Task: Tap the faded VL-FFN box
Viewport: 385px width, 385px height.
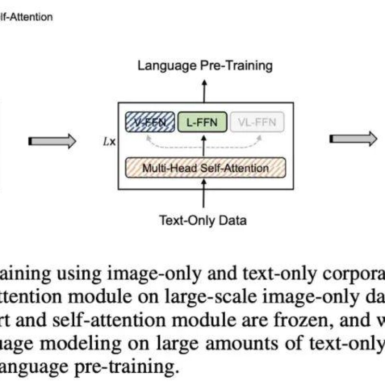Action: (257, 122)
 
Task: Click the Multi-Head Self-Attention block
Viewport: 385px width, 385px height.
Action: (205, 168)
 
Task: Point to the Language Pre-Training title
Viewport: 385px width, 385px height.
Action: (205, 65)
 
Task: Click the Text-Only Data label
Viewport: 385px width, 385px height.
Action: (203, 221)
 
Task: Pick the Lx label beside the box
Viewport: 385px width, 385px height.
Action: (111, 142)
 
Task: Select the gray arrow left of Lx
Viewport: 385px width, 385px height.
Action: (52, 141)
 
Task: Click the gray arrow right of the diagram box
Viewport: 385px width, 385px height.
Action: (353, 139)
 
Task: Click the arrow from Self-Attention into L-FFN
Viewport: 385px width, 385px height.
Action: (204, 145)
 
